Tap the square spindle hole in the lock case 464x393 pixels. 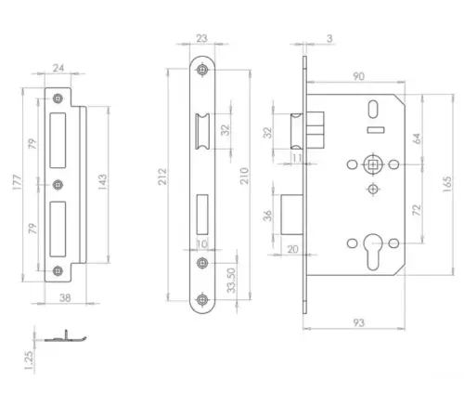click(372, 164)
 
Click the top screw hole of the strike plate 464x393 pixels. click(58, 98)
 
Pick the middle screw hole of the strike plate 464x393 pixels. click(58, 184)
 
